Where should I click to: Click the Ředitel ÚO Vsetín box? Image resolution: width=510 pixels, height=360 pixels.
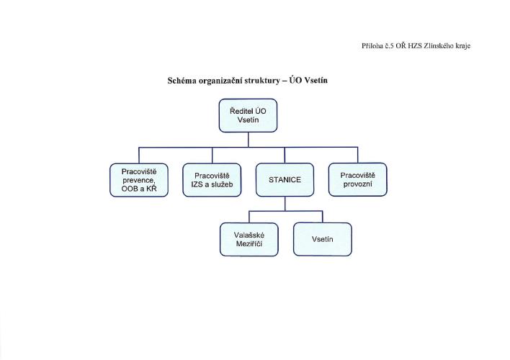248,116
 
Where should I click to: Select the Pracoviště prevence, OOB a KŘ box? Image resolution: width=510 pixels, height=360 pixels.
139,180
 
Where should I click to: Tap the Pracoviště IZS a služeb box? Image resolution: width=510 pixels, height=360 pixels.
212,180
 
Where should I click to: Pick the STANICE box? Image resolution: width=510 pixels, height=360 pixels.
285,180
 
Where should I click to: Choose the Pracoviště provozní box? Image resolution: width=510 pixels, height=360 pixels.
358,179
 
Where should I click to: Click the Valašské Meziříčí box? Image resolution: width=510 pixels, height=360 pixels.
249,239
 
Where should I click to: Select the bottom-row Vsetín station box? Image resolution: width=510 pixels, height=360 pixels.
322,239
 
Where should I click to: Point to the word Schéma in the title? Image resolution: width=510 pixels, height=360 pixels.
185,81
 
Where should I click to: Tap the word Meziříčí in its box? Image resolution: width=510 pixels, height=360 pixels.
249,244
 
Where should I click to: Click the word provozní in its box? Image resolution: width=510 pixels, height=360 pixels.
358,184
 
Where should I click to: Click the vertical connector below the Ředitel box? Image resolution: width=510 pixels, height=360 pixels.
248,140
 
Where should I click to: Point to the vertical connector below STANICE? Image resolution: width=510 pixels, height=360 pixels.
285,204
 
